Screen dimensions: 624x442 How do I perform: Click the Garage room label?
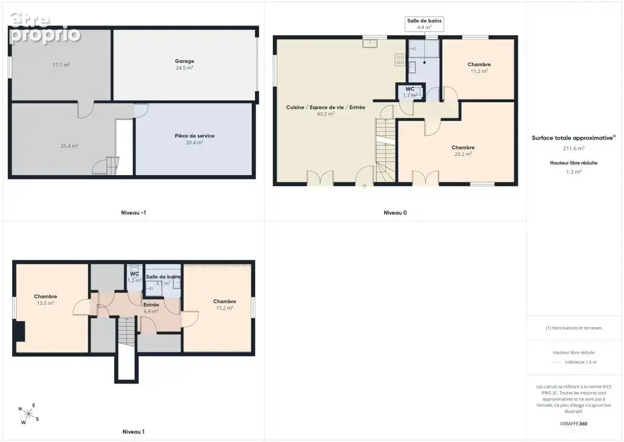[184, 61]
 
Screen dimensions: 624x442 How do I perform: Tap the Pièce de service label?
[194, 136]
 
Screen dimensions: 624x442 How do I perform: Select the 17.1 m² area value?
[61, 65]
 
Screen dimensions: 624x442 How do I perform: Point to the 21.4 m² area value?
[69, 146]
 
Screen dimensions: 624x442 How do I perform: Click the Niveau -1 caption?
[133, 213]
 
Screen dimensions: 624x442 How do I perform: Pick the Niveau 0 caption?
[395, 213]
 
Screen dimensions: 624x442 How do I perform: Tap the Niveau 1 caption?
[133, 432]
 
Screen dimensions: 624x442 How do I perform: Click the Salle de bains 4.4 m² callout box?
[424, 24]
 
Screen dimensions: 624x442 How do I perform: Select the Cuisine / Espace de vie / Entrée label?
[326, 107]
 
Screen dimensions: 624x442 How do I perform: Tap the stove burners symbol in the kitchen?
[400, 60]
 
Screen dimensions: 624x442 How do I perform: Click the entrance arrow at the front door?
[364, 186]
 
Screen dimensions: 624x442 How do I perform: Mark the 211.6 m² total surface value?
[573, 148]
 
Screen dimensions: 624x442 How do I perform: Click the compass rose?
[29, 414]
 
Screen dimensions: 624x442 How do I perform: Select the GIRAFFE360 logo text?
[573, 424]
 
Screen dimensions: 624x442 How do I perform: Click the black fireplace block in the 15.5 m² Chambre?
[19, 331]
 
